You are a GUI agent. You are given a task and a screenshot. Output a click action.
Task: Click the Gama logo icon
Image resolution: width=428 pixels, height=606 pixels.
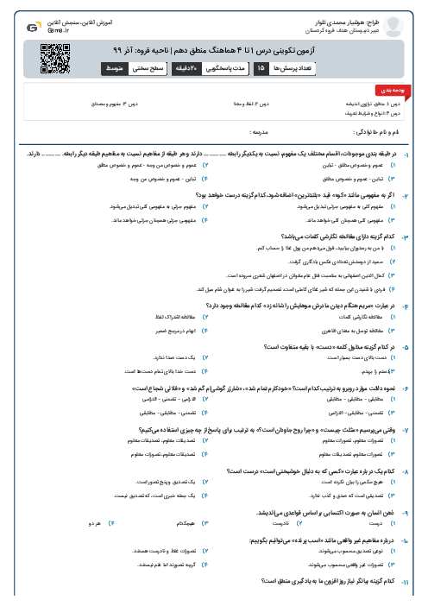(x=33, y=26)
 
